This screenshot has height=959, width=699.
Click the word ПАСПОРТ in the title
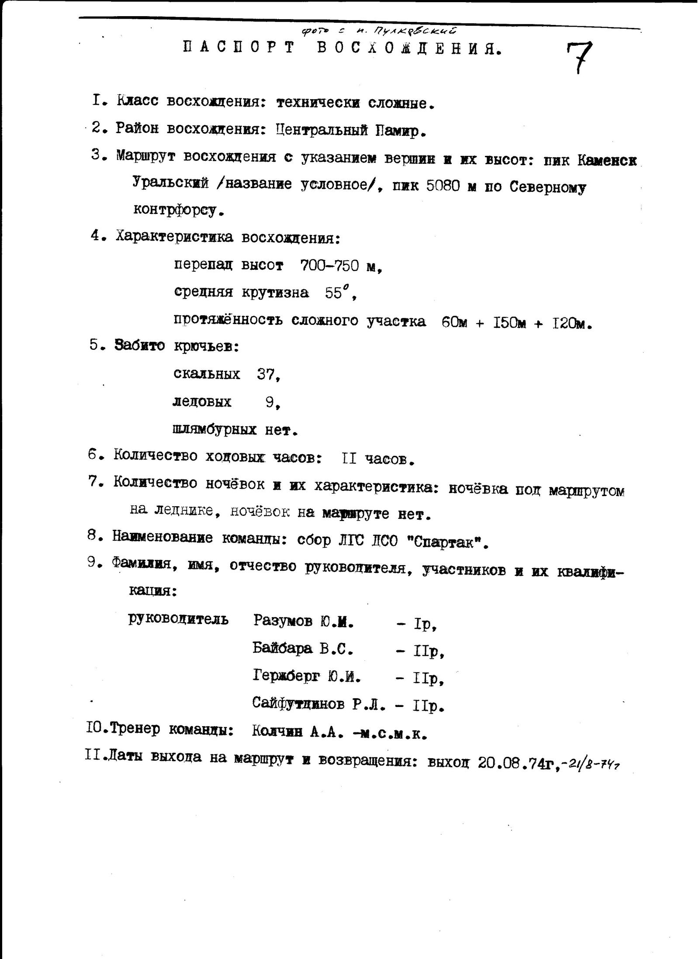(238, 48)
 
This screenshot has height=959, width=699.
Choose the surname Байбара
(282, 649)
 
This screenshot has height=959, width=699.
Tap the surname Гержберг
(287, 677)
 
